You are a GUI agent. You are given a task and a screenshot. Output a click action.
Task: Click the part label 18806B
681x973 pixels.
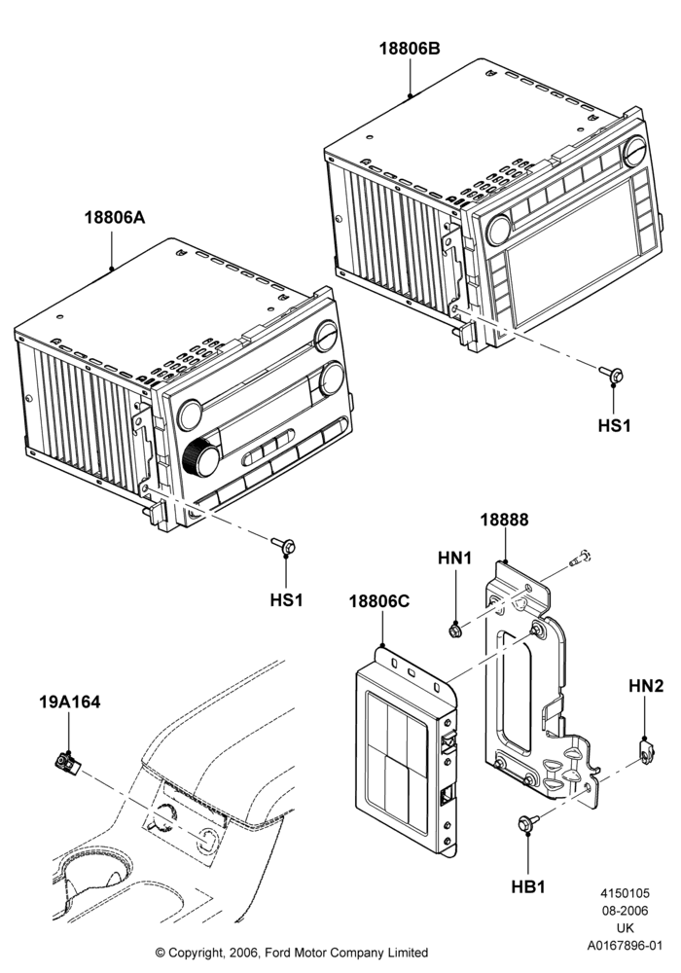tap(410, 49)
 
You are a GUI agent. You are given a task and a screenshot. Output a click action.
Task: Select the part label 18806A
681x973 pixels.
tap(115, 218)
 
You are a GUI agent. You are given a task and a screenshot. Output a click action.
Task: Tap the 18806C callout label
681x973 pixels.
tap(379, 601)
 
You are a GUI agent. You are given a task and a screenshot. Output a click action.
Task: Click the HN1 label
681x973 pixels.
tap(455, 559)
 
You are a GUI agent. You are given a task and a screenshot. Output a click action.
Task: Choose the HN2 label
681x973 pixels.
tap(646, 686)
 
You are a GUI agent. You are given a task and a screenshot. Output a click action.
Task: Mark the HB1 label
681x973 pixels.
tap(528, 887)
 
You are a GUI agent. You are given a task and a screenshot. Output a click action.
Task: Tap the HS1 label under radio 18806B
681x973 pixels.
tap(614, 426)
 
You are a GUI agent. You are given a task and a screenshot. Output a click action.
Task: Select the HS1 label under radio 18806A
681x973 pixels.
tap(287, 600)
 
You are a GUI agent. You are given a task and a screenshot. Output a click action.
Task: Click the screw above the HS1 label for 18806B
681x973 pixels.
tap(612, 375)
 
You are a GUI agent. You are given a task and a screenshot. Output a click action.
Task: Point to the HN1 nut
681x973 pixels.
tap(454, 631)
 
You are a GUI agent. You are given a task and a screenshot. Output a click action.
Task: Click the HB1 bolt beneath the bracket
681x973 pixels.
tap(525, 823)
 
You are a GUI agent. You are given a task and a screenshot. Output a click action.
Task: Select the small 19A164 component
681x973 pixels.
tap(66, 762)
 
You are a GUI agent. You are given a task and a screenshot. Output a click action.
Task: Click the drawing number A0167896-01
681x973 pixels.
tap(626, 945)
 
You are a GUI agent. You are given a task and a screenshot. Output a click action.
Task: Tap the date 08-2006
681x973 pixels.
tap(626, 911)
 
